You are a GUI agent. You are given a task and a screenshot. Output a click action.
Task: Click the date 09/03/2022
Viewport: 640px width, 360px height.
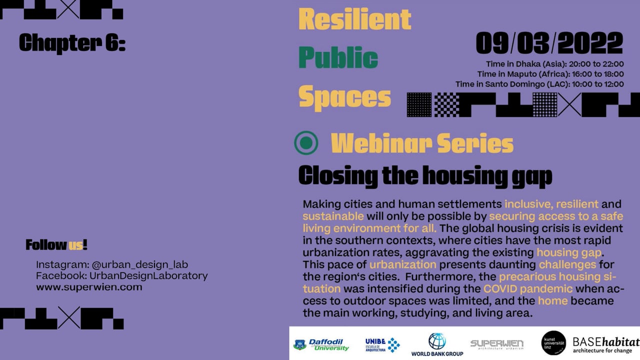(549, 43)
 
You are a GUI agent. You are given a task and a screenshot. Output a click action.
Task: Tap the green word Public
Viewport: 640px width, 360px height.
(338, 57)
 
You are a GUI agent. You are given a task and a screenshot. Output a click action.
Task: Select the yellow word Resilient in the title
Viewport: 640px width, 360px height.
(355, 19)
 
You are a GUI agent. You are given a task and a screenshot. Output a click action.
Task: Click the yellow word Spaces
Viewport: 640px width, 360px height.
(344, 97)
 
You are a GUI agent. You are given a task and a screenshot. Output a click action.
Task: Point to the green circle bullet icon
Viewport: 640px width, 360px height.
(306, 143)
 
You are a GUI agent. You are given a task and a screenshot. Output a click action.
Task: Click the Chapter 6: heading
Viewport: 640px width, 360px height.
(72, 43)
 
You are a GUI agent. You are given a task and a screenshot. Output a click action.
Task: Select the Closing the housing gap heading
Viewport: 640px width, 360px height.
(425, 176)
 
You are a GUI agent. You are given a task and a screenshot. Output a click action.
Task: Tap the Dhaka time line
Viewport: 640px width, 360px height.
(555, 64)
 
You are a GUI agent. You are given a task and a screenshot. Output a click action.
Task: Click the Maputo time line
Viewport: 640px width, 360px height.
(550, 74)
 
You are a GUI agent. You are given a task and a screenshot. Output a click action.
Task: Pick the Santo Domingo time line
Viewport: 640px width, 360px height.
(539, 84)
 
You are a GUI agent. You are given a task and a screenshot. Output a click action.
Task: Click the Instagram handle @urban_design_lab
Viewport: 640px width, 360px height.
(139, 264)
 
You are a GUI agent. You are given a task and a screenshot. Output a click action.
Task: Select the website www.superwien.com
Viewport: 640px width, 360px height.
(89, 287)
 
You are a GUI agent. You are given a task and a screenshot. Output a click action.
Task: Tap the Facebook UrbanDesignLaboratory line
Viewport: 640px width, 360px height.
(122, 275)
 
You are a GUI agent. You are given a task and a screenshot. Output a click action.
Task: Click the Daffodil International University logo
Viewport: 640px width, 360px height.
(321, 344)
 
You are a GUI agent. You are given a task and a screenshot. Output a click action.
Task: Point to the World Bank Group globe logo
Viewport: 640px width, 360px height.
(437, 341)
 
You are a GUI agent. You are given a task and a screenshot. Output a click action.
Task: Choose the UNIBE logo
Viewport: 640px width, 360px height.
(382, 345)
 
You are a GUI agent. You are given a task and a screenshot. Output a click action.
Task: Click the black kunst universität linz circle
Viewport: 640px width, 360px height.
(553, 343)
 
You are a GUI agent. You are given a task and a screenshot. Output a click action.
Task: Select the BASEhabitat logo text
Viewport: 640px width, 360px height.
(606, 345)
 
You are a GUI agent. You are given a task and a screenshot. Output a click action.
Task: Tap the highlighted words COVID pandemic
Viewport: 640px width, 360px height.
(528, 289)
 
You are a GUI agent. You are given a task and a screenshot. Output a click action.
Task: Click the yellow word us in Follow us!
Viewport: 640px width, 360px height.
(75, 245)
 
